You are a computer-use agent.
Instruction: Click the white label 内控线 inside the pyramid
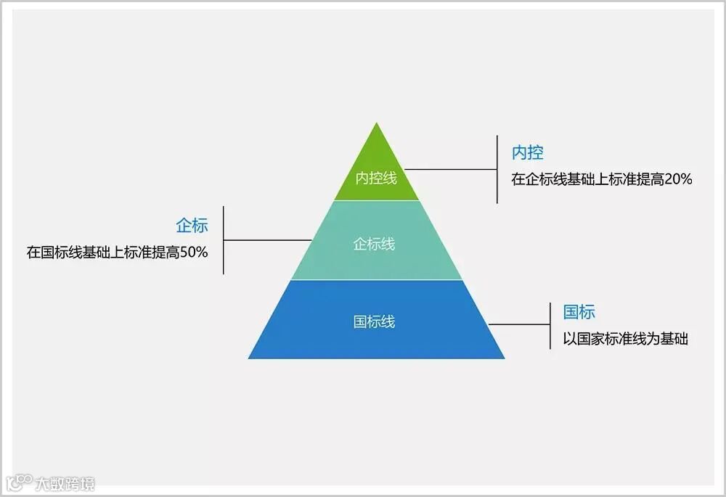click(x=376, y=178)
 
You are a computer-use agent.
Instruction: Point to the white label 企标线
click(x=374, y=244)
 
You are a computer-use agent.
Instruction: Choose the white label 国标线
click(x=374, y=321)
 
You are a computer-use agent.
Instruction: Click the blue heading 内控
click(x=528, y=153)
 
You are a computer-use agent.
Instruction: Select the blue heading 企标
click(x=192, y=225)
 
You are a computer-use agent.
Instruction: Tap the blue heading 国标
click(x=579, y=312)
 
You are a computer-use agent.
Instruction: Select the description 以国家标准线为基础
click(x=626, y=338)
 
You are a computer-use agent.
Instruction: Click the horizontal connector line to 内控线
click(x=450, y=169)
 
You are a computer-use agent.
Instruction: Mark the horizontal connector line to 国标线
click(x=520, y=324)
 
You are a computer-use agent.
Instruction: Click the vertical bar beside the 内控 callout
click(x=497, y=169)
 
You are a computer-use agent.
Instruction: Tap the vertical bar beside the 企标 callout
click(x=223, y=239)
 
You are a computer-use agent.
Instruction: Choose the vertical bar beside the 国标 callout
click(x=550, y=324)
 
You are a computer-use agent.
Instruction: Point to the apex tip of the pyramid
click(x=376, y=125)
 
